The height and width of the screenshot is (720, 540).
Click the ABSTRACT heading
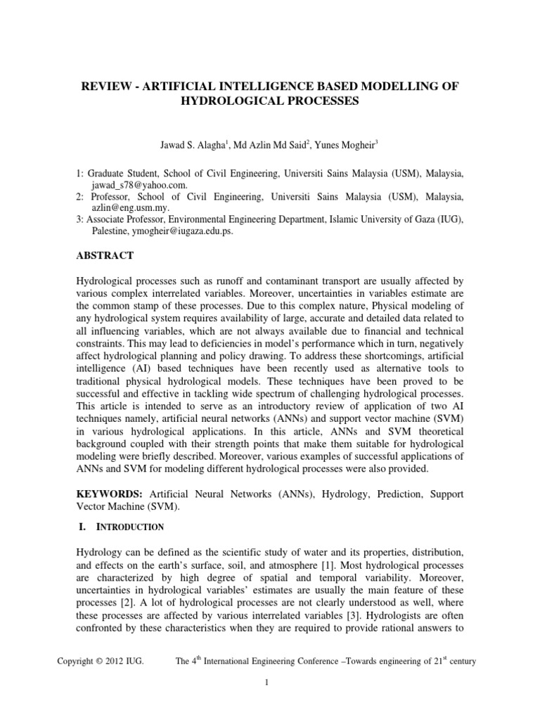click(104, 256)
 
